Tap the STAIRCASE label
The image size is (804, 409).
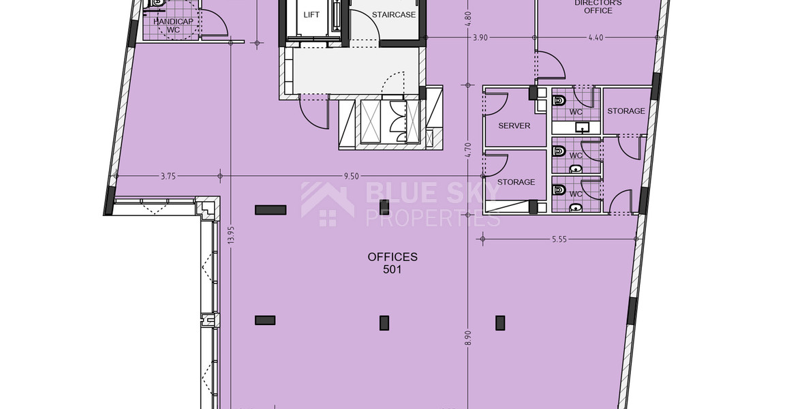point(393,14)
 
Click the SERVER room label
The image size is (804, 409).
point(514,126)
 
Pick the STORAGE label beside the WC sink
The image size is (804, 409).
point(625,111)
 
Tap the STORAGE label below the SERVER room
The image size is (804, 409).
point(516,182)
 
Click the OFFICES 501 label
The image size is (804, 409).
point(392,262)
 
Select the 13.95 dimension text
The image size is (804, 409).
point(231,236)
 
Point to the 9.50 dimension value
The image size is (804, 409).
point(351,176)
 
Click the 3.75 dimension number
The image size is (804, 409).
point(168,176)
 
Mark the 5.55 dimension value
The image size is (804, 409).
point(559,239)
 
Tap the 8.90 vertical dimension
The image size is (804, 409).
point(468,338)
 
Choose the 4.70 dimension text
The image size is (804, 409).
point(468,149)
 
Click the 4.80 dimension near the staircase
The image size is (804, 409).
point(468,18)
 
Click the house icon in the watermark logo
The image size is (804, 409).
point(327,203)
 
